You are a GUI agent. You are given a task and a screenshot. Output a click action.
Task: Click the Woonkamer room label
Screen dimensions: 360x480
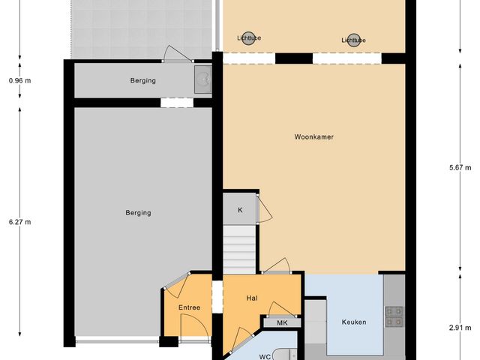[x=314, y=137]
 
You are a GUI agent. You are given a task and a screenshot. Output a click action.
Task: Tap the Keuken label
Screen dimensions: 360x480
[x=353, y=322]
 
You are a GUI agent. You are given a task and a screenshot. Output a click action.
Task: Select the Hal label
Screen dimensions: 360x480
[x=252, y=298]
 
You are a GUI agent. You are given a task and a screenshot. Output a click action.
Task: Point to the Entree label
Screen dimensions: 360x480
[x=189, y=308]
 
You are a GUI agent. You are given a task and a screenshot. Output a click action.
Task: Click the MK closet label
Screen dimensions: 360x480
[x=282, y=322]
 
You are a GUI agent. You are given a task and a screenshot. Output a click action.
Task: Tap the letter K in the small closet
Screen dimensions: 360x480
[x=240, y=210]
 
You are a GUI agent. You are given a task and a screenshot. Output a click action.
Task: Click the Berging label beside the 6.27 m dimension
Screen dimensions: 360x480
[x=138, y=213]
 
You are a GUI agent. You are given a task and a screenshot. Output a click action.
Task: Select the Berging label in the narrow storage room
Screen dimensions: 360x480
[x=142, y=80]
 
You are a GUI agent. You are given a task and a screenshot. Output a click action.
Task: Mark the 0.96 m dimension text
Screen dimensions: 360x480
[x=20, y=80]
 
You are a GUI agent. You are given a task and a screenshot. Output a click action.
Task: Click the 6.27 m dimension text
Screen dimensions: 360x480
[x=20, y=221]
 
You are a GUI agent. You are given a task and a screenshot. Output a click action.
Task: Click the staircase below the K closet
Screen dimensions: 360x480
[x=241, y=247]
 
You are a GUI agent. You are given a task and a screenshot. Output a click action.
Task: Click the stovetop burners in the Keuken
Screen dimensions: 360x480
[x=394, y=318]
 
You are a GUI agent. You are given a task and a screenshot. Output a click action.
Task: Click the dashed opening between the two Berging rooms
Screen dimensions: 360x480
[x=177, y=103]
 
